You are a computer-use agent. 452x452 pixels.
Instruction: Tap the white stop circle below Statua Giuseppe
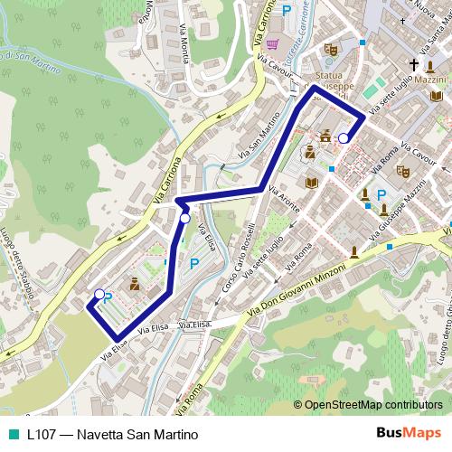click(344, 138)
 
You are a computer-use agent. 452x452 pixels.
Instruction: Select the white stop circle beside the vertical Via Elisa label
click(184, 218)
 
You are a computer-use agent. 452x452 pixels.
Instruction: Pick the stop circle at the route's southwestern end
click(99, 294)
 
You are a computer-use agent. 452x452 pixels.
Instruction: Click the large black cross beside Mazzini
click(415, 65)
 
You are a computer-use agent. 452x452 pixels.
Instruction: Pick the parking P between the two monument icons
click(381, 195)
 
